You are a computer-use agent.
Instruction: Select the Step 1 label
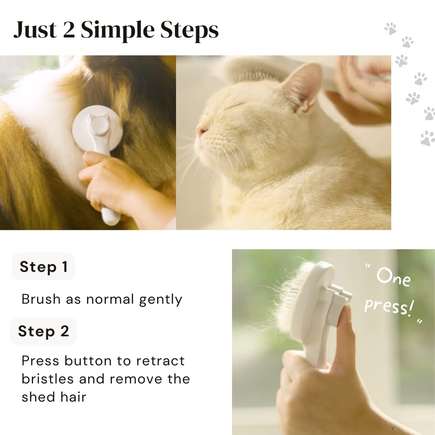point(43,267)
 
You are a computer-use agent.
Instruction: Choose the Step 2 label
point(43,331)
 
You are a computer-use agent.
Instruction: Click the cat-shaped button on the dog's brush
point(99,126)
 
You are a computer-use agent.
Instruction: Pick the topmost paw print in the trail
point(390,28)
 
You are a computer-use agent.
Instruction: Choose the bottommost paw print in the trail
point(427,138)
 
